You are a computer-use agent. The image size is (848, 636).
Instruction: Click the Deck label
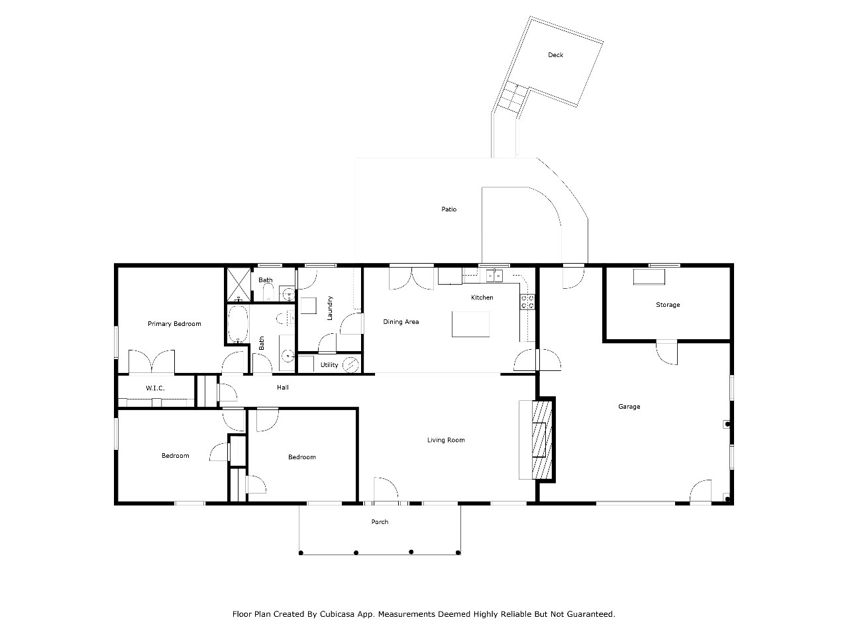[x=555, y=55]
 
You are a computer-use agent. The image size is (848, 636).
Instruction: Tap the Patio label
[x=449, y=209]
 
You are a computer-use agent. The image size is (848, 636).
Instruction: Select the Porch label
[x=380, y=521]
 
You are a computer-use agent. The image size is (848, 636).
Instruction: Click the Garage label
[x=629, y=407]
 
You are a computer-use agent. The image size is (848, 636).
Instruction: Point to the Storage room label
[x=668, y=305]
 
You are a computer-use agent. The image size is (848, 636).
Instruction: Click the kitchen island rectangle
[x=470, y=325]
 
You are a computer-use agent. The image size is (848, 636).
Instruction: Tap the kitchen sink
[x=494, y=276]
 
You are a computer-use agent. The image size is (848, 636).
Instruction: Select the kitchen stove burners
[x=527, y=301]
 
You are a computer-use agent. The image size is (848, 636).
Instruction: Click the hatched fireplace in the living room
[x=542, y=440]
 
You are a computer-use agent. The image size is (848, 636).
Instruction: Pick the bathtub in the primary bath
[x=238, y=325]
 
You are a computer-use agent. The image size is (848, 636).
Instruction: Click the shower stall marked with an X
[x=238, y=285]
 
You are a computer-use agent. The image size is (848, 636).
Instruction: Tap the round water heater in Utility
[x=350, y=364]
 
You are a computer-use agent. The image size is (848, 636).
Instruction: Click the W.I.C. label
[x=155, y=388]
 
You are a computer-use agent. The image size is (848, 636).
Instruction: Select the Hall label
[x=282, y=388]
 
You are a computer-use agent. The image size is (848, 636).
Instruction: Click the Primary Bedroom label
[x=174, y=324]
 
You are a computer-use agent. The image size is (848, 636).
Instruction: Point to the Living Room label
[x=446, y=440]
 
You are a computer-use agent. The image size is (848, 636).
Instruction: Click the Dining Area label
[x=401, y=322]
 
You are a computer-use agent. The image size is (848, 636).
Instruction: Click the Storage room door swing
[x=667, y=353]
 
